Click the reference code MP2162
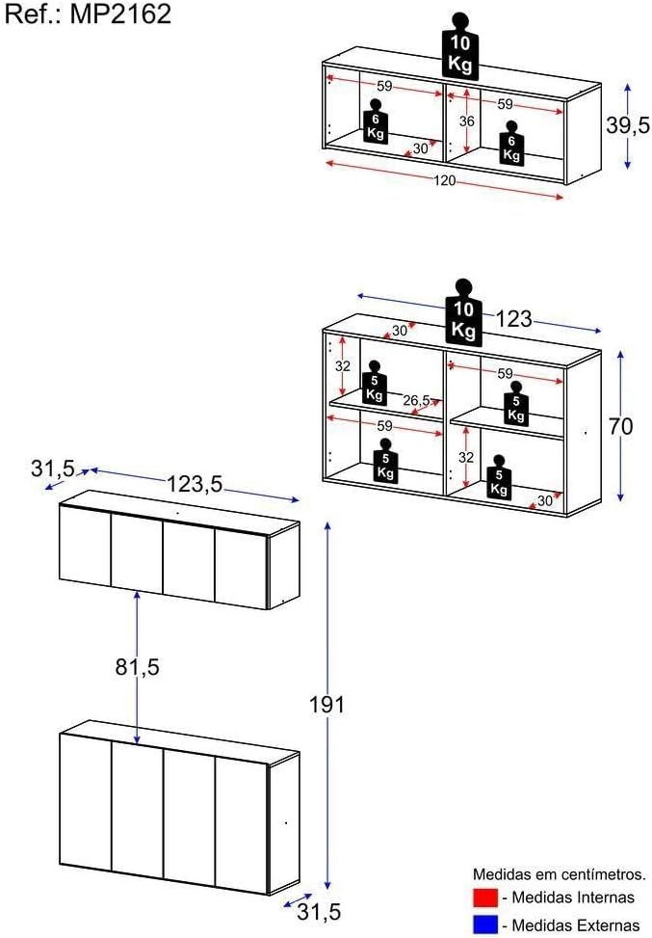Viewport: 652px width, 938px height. coord(120,13)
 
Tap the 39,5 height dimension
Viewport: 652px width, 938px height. coord(628,125)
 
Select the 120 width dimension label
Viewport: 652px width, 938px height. coord(444,180)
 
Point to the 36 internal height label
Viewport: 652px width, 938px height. coord(467,121)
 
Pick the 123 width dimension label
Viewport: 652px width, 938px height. coord(513,319)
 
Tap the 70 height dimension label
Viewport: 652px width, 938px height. coord(620,426)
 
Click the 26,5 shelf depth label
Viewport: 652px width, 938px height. coord(416,400)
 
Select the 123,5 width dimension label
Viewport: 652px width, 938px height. coord(195,483)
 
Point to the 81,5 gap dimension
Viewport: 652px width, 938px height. coord(138,666)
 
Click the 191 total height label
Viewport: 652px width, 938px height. coord(326,705)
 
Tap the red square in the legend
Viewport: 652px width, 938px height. coord(485,898)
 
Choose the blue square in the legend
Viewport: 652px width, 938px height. coord(485,925)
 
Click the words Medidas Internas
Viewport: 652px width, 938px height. coord(573,898)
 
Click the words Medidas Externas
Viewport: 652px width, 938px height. coord(576,925)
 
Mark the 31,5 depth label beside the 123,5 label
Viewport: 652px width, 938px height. coord(53,468)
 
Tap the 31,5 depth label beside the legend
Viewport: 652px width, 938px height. coord(319,912)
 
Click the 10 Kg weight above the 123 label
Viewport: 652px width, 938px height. coord(463,313)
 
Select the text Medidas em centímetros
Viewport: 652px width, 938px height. coord(560,874)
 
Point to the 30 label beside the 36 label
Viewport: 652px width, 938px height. coord(421,147)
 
